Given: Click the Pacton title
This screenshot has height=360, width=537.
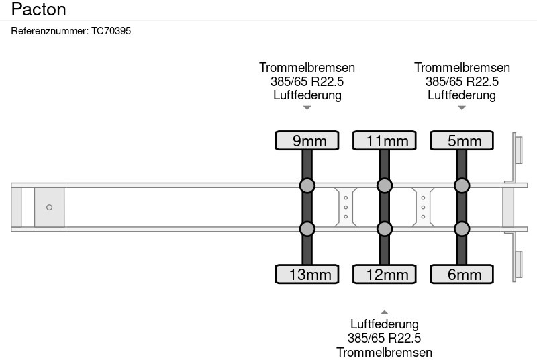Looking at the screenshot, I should tap(39, 11).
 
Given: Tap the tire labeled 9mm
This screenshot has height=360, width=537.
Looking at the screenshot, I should tap(307, 140).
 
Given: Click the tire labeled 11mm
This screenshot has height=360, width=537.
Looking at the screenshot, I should tap(385, 140).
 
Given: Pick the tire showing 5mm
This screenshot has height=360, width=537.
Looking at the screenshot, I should tap(462, 140).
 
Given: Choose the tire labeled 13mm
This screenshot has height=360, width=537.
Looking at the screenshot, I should tap(307, 274).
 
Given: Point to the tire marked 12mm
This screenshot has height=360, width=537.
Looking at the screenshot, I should tap(385, 274).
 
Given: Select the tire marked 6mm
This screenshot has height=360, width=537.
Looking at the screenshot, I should tap(462, 274).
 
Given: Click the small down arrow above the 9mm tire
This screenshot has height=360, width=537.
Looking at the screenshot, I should tap(307, 108).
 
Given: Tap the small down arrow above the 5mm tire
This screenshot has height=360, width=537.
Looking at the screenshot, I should tap(462, 108).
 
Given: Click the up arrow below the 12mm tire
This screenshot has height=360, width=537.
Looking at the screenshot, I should tap(385, 312).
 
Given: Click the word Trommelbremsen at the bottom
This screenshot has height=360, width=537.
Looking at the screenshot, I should tap(385, 352).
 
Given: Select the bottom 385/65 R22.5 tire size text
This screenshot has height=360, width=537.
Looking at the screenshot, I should tap(385, 339).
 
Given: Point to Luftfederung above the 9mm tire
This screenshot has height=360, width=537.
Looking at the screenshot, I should tap(307, 95).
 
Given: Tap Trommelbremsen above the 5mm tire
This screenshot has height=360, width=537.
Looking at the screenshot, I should tap(462, 68).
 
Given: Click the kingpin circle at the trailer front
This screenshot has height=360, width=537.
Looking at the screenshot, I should tap(49, 208).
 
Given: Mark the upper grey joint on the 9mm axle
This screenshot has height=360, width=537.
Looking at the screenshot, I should tap(307, 185).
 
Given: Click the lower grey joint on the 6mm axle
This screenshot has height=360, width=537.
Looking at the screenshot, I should tap(462, 229).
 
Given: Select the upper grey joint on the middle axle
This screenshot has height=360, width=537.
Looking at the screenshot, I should tap(385, 185).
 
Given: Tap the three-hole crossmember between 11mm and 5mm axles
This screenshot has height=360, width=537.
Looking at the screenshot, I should tap(423, 208).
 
